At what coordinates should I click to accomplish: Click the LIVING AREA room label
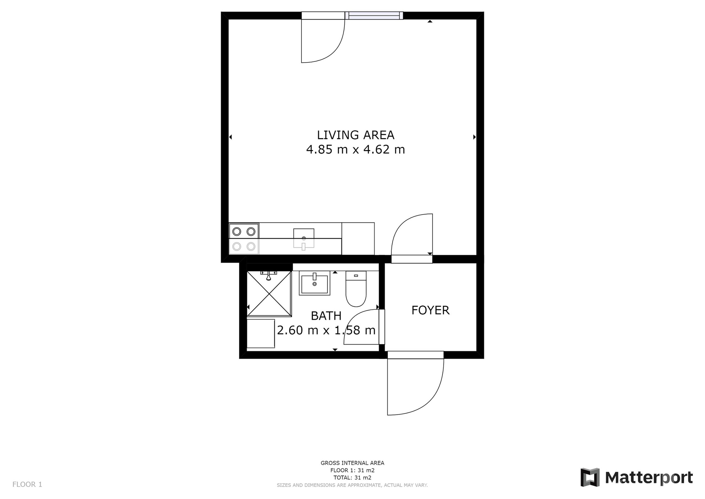pyautogui.click(x=355, y=135)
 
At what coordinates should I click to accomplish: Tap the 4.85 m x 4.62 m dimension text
pyautogui.click(x=355, y=150)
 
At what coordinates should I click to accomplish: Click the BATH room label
pyautogui.click(x=326, y=316)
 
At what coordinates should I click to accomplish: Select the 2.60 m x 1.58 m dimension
pyautogui.click(x=326, y=330)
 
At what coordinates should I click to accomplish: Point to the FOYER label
pyautogui.click(x=430, y=310)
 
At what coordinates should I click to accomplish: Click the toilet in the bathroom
pyautogui.click(x=356, y=289)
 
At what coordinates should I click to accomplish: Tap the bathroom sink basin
pyautogui.click(x=314, y=283)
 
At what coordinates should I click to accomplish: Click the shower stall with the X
pyautogui.click(x=269, y=294)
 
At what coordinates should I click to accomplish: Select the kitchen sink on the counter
pyautogui.click(x=304, y=238)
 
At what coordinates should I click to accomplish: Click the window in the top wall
pyautogui.click(x=374, y=15)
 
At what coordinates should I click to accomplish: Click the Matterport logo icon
pyautogui.click(x=590, y=477)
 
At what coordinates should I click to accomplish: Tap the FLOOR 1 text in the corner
pyautogui.click(x=27, y=484)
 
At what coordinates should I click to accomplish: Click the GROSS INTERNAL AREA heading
pyautogui.click(x=352, y=463)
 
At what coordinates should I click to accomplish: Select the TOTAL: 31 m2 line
pyautogui.click(x=352, y=478)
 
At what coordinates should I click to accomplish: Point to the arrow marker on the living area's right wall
pyautogui.click(x=474, y=137)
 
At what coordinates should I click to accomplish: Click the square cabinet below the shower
pyautogui.click(x=261, y=334)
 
